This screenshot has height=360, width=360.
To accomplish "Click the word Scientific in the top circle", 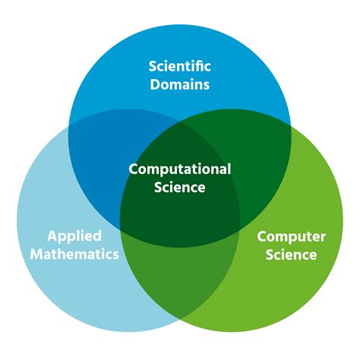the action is point(180,66).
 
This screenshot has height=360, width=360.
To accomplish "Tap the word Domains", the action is point(180,84).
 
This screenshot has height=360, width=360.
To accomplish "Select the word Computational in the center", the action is point(180,169).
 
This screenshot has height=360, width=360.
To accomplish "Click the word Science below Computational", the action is point(180,188).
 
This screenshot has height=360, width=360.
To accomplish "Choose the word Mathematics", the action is point(74,254).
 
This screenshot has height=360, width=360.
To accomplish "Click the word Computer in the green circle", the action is point(291,237).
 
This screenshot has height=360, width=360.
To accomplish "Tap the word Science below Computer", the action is point(291,254).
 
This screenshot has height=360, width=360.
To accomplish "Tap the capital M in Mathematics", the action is point(37,254).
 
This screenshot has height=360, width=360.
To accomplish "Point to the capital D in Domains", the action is point(155,84).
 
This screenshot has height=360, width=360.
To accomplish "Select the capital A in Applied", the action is point(52,235).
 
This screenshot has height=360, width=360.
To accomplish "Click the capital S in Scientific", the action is point(152,66).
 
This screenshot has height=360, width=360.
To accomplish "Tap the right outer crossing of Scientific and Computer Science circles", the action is point(291,125).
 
